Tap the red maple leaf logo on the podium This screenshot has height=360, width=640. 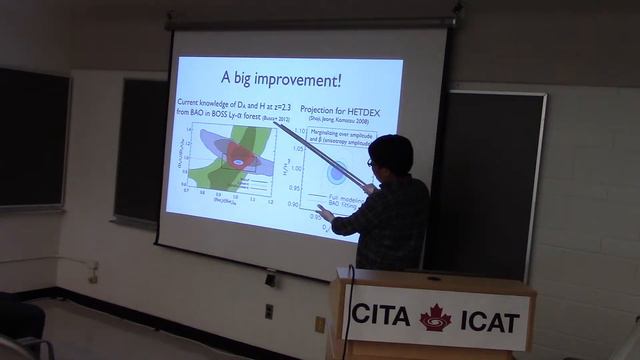[x=435, y=318]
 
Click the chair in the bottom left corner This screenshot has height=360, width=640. [x=25, y=330]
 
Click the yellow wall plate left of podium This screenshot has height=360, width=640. [x=320, y=323]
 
